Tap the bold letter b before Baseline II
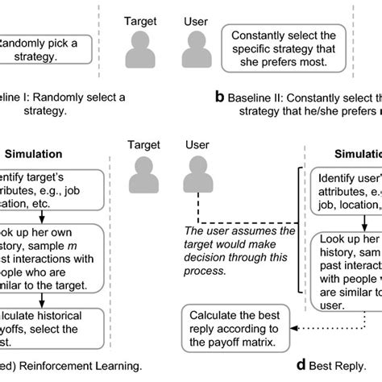pyautogui.click(x=219, y=98)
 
